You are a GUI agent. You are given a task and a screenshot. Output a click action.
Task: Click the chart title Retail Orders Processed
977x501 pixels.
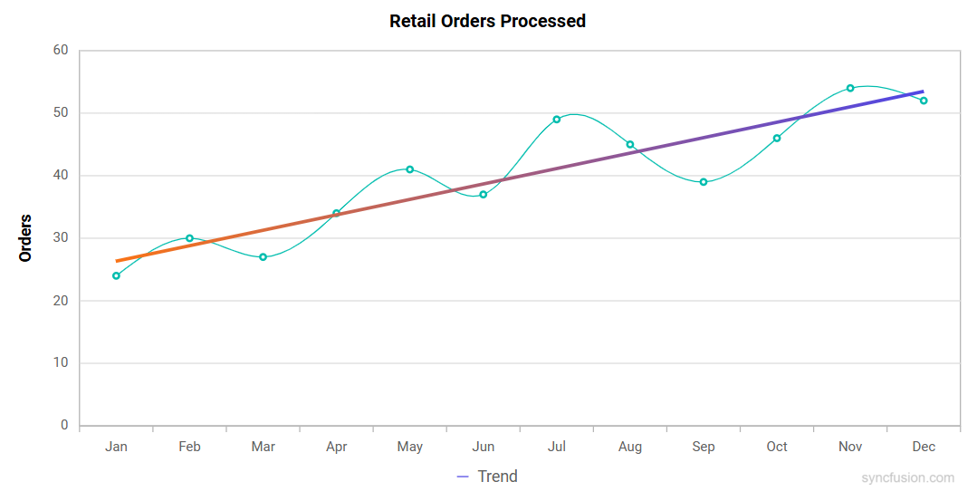point(487,21)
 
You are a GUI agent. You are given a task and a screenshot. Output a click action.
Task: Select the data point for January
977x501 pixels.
point(116,275)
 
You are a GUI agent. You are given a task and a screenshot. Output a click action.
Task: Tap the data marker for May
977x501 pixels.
point(409,169)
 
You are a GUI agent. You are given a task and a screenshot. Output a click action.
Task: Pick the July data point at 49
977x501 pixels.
point(557,120)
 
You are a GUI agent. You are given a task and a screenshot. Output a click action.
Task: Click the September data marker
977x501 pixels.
point(704,182)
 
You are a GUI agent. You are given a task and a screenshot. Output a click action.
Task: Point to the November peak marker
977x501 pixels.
point(850,88)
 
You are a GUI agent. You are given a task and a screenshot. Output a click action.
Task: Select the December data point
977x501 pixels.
point(924,101)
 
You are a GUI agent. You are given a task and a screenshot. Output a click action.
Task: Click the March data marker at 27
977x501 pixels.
point(263,257)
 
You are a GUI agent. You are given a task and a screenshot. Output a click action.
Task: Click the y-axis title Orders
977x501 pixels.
point(25,238)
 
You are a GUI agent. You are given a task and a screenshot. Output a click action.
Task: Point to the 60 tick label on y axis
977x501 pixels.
point(60,51)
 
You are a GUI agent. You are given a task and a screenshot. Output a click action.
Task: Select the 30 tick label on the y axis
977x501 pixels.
point(60,238)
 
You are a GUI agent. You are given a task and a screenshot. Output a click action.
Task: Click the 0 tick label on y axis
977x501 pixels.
point(64,426)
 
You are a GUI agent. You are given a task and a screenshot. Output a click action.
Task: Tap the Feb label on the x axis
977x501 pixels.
point(189,447)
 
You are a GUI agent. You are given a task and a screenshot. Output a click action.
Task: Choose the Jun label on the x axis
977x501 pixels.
point(484,447)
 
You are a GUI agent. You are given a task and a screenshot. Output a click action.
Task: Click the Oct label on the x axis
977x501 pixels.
point(777,447)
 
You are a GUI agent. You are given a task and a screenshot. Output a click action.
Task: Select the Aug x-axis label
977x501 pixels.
point(630,447)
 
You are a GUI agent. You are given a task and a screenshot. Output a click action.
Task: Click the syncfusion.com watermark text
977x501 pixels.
point(907,477)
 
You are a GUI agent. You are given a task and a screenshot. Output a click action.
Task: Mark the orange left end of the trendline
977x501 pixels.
point(118,261)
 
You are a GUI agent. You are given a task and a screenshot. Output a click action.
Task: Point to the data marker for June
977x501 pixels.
point(484,195)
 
